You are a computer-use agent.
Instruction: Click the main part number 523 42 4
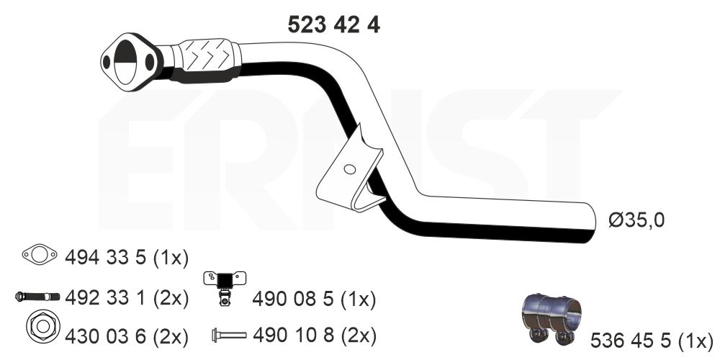(334, 24)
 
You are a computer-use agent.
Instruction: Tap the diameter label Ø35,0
(636, 221)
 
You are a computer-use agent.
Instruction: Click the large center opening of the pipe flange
(125, 62)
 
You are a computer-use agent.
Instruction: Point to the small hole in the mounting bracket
(349, 169)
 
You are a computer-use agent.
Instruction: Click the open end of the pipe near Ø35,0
(591, 222)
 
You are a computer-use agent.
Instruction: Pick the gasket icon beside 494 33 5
(40, 254)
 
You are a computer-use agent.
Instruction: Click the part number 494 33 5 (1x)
(127, 258)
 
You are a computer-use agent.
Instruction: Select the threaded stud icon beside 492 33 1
(37, 297)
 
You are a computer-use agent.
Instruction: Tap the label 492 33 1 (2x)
(127, 299)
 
